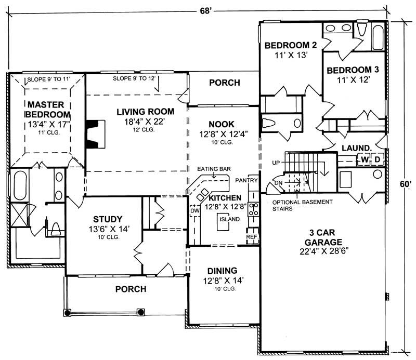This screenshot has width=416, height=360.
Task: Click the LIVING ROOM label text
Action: pos(145,111)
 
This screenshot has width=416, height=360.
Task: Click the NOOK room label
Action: pos(222,124)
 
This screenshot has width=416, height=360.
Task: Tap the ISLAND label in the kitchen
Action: pos(229,219)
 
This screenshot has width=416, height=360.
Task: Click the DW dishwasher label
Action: pos(194,211)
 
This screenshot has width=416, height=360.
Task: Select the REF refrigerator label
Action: pos(251,237)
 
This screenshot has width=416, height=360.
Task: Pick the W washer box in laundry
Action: pos(365,158)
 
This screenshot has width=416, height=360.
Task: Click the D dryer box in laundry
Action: pos(378,158)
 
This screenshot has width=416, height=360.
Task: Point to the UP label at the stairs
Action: pos(276,163)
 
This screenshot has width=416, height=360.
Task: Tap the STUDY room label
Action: pos(108,219)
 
